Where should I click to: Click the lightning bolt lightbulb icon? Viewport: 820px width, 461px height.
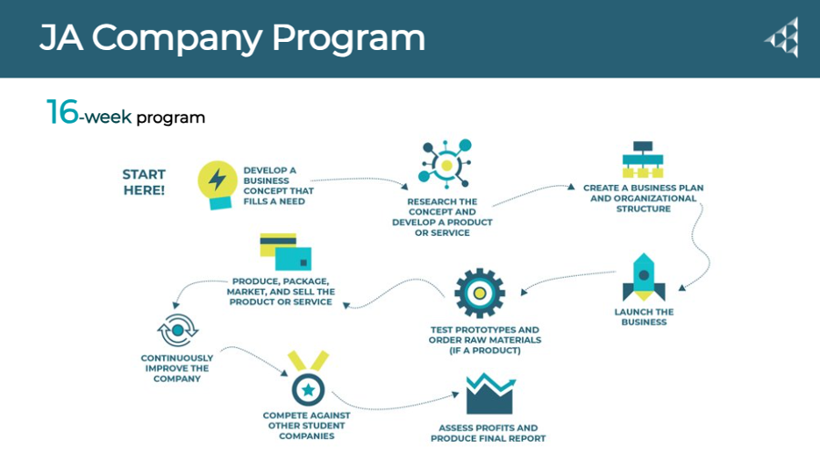click(x=217, y=182)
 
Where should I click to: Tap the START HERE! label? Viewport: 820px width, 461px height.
click(x=144, y=182)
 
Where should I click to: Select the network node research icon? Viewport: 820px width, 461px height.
click(x=445, y=164)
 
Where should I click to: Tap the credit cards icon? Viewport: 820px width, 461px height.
click(x=284, y=251)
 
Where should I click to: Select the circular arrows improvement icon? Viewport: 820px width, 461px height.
click(x=176, y=330)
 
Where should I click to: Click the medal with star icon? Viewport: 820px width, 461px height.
click(x=308, y=381)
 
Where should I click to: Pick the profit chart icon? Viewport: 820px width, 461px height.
click(x=488, y=393)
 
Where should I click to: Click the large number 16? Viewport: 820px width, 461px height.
click(x=62, y=113)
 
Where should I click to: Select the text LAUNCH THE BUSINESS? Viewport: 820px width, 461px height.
click(x=644, y=317)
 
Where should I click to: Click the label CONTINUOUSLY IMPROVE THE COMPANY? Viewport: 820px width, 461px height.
click(x=176, y=368)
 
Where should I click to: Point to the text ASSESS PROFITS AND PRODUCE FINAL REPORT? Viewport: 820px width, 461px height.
click(x=488, y=433)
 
